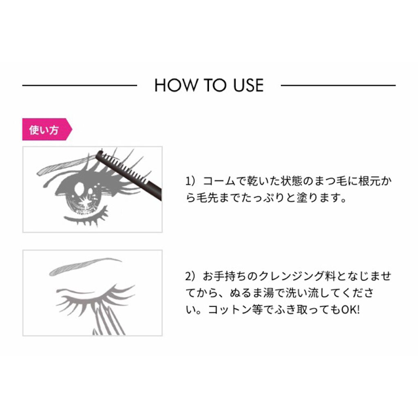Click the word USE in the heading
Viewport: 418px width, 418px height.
[x=249, y=85]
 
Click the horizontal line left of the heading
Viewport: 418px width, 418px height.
[x=80, y=86]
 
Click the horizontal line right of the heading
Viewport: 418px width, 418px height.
[x=338, y=86]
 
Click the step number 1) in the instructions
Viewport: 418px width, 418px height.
[x=191, y=181]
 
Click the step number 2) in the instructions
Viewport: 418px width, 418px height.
[x=191, y=276]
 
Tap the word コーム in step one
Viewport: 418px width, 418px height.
[x=219, y=181]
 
